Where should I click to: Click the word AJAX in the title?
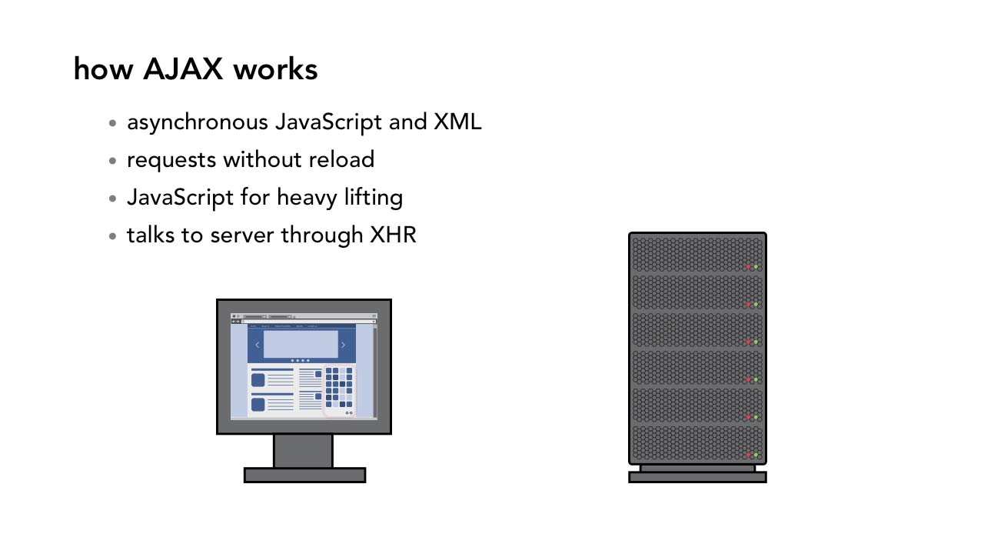coord(184,69)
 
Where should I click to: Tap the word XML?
coord(457,122)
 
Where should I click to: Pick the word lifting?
coord(374,198)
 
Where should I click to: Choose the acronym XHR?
coord(393,235)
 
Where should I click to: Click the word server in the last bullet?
coord(243,235)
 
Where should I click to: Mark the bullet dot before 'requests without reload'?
coord(113,161)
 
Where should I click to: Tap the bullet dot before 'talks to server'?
coord(113,236)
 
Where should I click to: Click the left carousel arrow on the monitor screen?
coord(257,345)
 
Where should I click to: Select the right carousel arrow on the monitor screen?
coord(343,345)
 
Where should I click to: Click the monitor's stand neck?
coord(303,451)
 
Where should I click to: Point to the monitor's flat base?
coord(304,476)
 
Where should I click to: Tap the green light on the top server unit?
coord(756,267)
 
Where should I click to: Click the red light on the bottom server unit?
coord(748,455)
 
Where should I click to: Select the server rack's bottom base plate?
coord(697,477)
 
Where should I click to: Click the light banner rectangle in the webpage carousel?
coord(301,344)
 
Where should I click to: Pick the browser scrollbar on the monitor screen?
coord(375,369)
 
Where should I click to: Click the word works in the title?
coord(275,69)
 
